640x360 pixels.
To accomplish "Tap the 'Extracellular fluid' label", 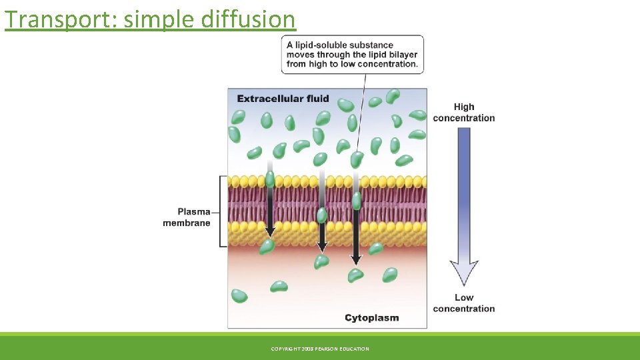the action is [283, 99].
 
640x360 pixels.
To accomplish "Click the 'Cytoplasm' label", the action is [371, 317].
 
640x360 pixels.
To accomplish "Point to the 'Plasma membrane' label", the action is [186, 217].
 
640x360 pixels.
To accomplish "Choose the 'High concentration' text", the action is [464, 112].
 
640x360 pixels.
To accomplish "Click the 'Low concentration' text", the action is [464, 303].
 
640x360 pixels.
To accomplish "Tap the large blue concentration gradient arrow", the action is [464, 207].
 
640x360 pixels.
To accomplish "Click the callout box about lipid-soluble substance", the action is [352, 55].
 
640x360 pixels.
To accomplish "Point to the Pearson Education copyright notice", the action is [320, 349].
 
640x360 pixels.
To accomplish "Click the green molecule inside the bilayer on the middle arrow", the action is [322, 215].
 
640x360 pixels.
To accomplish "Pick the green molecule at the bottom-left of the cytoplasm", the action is [239, 296].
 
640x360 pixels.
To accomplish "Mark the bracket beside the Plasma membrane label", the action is [222, 211].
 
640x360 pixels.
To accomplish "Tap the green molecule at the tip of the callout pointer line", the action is [357, 159].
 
